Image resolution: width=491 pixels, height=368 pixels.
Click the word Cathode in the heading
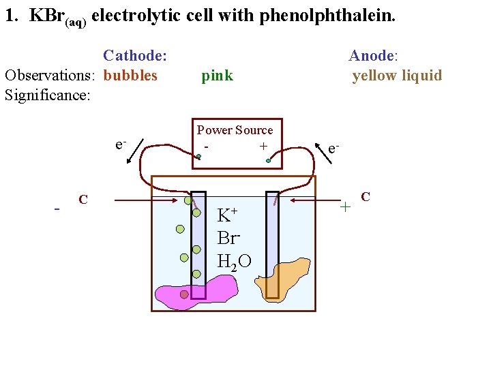pyautogui.click(x=134, y=55)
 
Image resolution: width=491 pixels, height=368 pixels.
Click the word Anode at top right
pyautogui.click(x=372, y=55)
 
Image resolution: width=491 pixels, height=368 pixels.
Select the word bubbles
pyautogui.click(x=130, y=75)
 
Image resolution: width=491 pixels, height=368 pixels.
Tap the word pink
pyautogui.click(x=217, y=75)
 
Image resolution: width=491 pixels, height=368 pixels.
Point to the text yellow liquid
pyautogui.click(x=397, y=75)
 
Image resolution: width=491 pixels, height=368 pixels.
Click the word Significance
pyautogui.click(x=47, y=95)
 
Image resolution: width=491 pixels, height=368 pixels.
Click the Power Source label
pyautogui.click(x=235, y=130)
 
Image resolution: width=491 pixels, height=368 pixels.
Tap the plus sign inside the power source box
pyautogui.click(x=263, y=146)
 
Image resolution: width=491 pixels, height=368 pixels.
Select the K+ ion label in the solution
pyautogui.click(x=226, y=215)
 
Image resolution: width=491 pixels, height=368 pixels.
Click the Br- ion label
pyautogui.click(x=228, y=238)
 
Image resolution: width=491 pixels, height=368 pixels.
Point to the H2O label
pyautogui.click(x=234, y=261)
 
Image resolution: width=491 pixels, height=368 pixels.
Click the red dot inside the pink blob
pyautogui.click(x=184, y=294)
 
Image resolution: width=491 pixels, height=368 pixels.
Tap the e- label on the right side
pyautogui.click(x=333, y=148)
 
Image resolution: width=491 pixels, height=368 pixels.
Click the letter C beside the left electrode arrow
pyautogui.click(x=83, y=200)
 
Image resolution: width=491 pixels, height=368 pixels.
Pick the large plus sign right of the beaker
pyautogui.click(x=346, y=205)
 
